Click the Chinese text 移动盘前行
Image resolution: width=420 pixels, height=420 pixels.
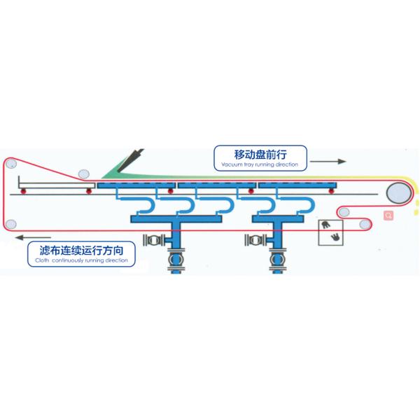[260, 154]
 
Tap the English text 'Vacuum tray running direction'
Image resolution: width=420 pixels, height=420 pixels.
[260, 164]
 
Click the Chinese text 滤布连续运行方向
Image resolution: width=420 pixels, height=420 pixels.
[82, 250]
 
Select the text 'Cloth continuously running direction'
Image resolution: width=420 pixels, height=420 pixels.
[82, 260]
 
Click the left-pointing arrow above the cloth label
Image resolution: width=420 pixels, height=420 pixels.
[35, 237]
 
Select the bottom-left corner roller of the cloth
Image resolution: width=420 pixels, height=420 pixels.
[10, 224]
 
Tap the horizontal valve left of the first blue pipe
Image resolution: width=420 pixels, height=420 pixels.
[151, 240]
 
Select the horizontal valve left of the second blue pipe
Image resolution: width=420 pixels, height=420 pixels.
[253, 240]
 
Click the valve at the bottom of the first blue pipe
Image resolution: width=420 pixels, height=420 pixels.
[174, 263]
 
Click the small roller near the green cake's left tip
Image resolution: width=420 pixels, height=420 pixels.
[84, 173]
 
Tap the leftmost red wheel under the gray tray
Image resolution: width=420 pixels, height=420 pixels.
[23, 190]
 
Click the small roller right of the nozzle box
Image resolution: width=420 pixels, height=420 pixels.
[365, 224]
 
